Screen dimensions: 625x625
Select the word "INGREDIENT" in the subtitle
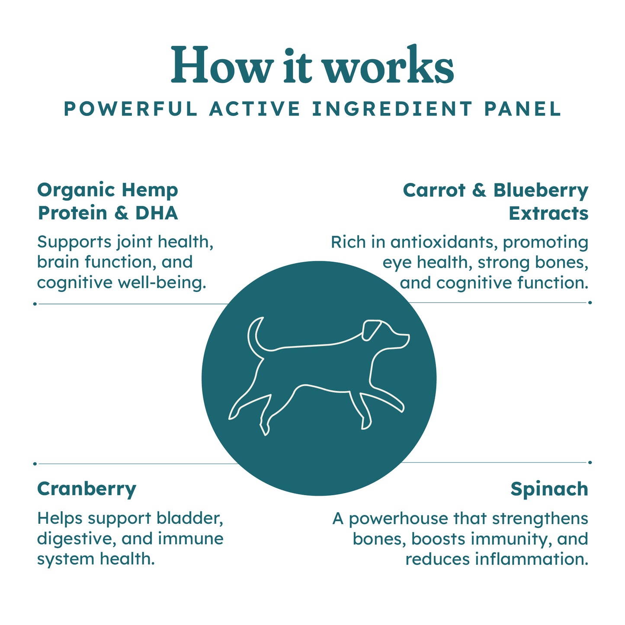pyautogui.click(x=392, y=109)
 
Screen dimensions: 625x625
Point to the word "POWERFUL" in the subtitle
pyautogui.click(x=131, y=109)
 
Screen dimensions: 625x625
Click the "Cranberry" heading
pyautogui.click(x=87, y=489)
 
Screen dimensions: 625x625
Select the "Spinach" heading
pyautogui.click(x=549, y=489)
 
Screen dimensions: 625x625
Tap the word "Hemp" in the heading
pyautogui.click(x=150, y=191)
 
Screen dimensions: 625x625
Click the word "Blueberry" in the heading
pyautogui.click(x=541, y=191)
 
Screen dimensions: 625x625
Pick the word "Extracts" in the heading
pyautogui.click(x=548, y=213)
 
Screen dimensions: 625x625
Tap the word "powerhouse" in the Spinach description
pyautogui.click(x=398, y=519)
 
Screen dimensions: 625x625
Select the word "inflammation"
pyautogui.click(x=532, y=559)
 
